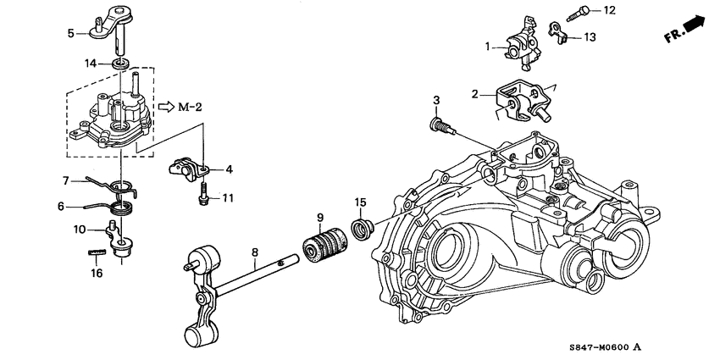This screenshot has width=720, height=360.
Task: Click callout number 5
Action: pyautogui.click(x=71, y=33)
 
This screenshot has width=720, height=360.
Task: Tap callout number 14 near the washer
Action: pyautogui.click(x=91, y=64)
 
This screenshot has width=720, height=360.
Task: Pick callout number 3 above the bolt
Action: pyautogui.click(x=437, y=102)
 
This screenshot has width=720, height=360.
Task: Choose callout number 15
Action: pyautogui.click(x=360, y=202)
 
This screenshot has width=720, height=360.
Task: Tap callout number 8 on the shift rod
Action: pyautogui.click(x=253, y=251)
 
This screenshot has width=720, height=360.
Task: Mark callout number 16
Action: pyautogui.click(x=97, y=273)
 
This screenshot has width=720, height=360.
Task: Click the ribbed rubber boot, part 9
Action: pyautogui.click(x=320, y=246)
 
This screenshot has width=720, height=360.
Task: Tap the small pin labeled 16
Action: pyautogui.click(x=97, y=252)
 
